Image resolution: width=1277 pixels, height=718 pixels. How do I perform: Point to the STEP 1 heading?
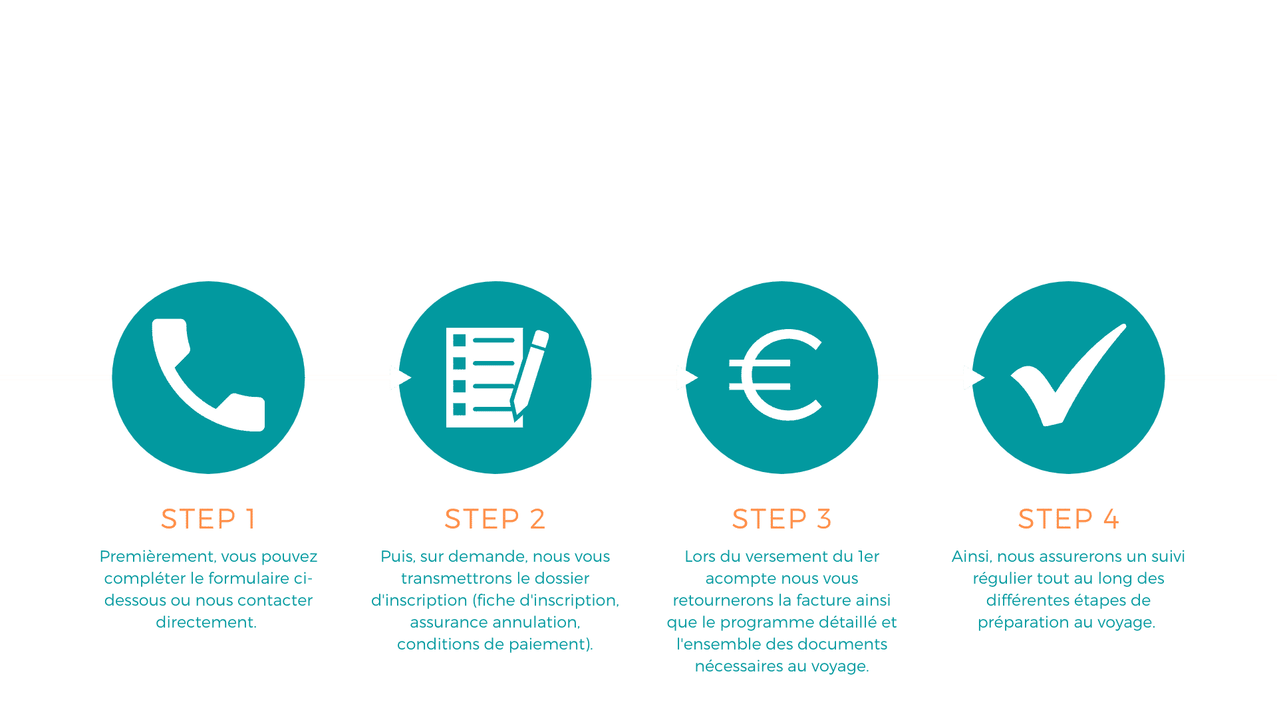[x=208, y=519]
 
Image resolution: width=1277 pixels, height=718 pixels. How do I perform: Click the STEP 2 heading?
[x=495, y=519]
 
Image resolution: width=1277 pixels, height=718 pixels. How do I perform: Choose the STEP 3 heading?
[x=781, y=519]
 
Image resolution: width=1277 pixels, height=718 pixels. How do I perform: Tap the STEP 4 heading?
[x=1068, y=519]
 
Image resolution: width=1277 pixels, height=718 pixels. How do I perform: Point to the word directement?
[x=206, y=622]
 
